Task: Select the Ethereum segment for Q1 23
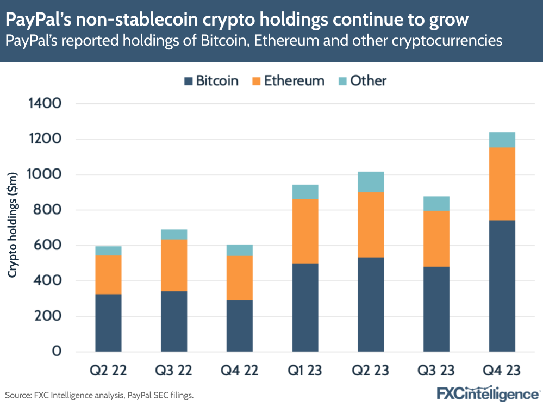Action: point(305,231)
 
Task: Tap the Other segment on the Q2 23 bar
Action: point(371,182)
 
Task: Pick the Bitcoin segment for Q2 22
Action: point(108,322)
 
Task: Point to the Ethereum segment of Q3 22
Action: point(174,265)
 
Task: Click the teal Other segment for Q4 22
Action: point(240,250)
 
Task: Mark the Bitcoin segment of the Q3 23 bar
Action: point(436,309)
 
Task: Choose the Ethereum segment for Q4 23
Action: point(502,184)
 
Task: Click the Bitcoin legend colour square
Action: point(188,82)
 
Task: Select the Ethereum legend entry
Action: point(294,82)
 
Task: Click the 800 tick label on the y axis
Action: point(52,210)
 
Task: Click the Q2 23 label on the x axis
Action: point(371,371)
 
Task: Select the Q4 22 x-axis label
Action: point(240,371)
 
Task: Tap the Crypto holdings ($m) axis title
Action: point(13,224)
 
